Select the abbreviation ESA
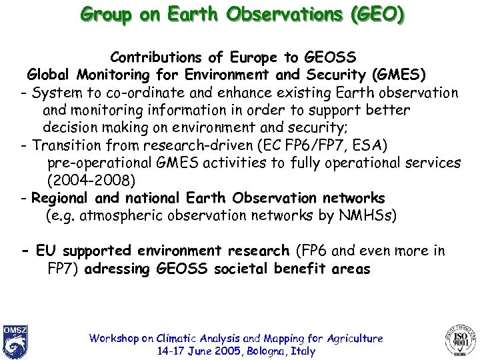tap(357, 145)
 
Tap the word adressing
tap(118, 269)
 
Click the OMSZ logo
tap(15, 341)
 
